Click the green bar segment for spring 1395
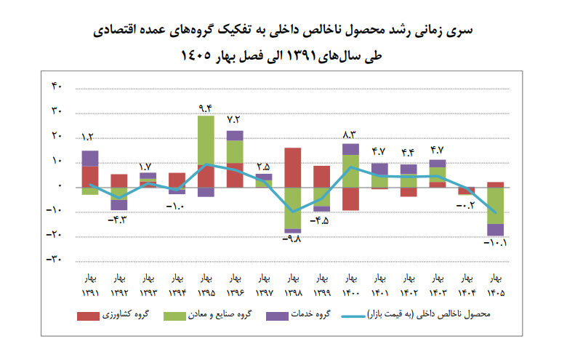click(x=206, y=140)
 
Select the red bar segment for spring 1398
click(x=293, y=167)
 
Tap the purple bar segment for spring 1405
click(x=495, y=230)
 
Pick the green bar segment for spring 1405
click(x=495, y=206)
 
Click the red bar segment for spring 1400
click(x=350, y=199)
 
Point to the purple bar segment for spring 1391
click(x=90, y=159)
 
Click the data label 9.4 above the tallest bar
click(x=205, y=108)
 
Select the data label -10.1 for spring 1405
click(x=495, y=243)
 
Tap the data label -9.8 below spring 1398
click(x=291, y=239)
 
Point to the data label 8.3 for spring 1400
click(x=350, y=135)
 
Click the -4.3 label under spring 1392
click(x=117, y=220)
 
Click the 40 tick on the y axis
click(x=57, y=86)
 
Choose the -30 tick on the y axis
click(x=54, y=259)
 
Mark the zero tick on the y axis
click(x=60, y=185)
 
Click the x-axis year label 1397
click(x=264, y=293)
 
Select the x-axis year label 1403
click(x=438, y=293)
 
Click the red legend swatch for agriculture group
click(x=88, y=316)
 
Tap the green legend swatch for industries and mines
click(x=174, y=316)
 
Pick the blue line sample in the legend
click(x=353, y=316)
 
